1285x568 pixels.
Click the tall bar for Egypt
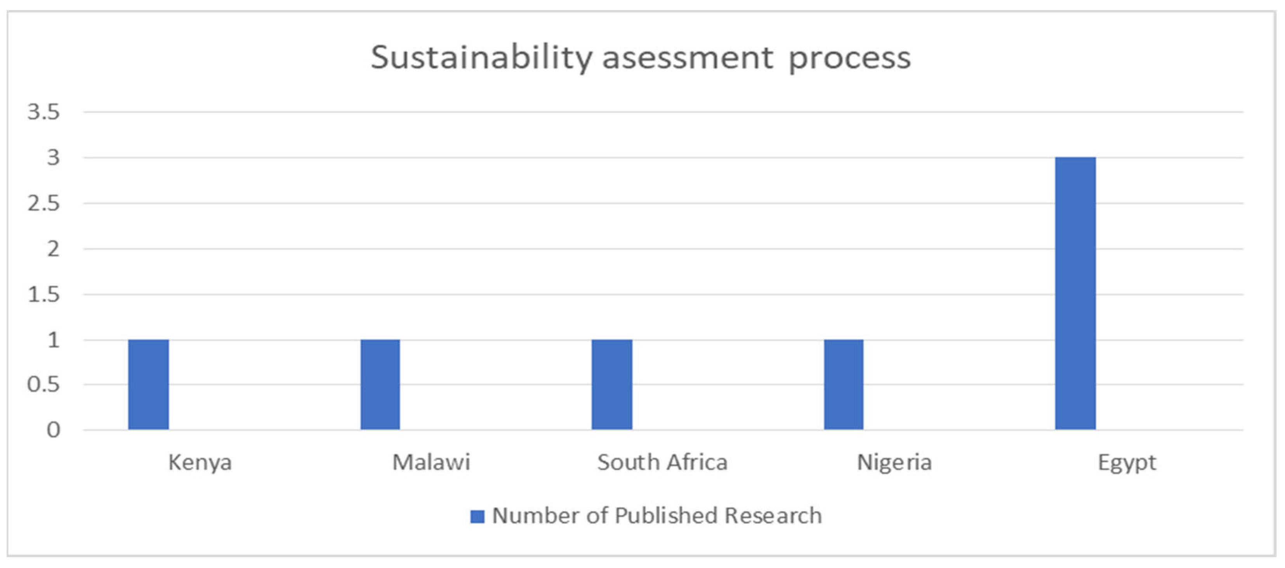coord(1075,293)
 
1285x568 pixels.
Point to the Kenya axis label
coord(200,462)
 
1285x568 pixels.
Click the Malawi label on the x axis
coord(431,462)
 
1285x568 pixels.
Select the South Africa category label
coord(662,462)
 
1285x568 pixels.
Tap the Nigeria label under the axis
coord(894,462)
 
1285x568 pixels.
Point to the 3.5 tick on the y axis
coord(43,112)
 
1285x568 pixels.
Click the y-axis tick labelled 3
coord(53,158)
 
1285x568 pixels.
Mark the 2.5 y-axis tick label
coord(43,204)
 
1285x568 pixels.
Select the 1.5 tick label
coord(43,294)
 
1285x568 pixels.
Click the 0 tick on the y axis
coord(53,430)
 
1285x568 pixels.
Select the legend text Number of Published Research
coord(656,516)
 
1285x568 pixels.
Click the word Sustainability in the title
coord(481,58)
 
